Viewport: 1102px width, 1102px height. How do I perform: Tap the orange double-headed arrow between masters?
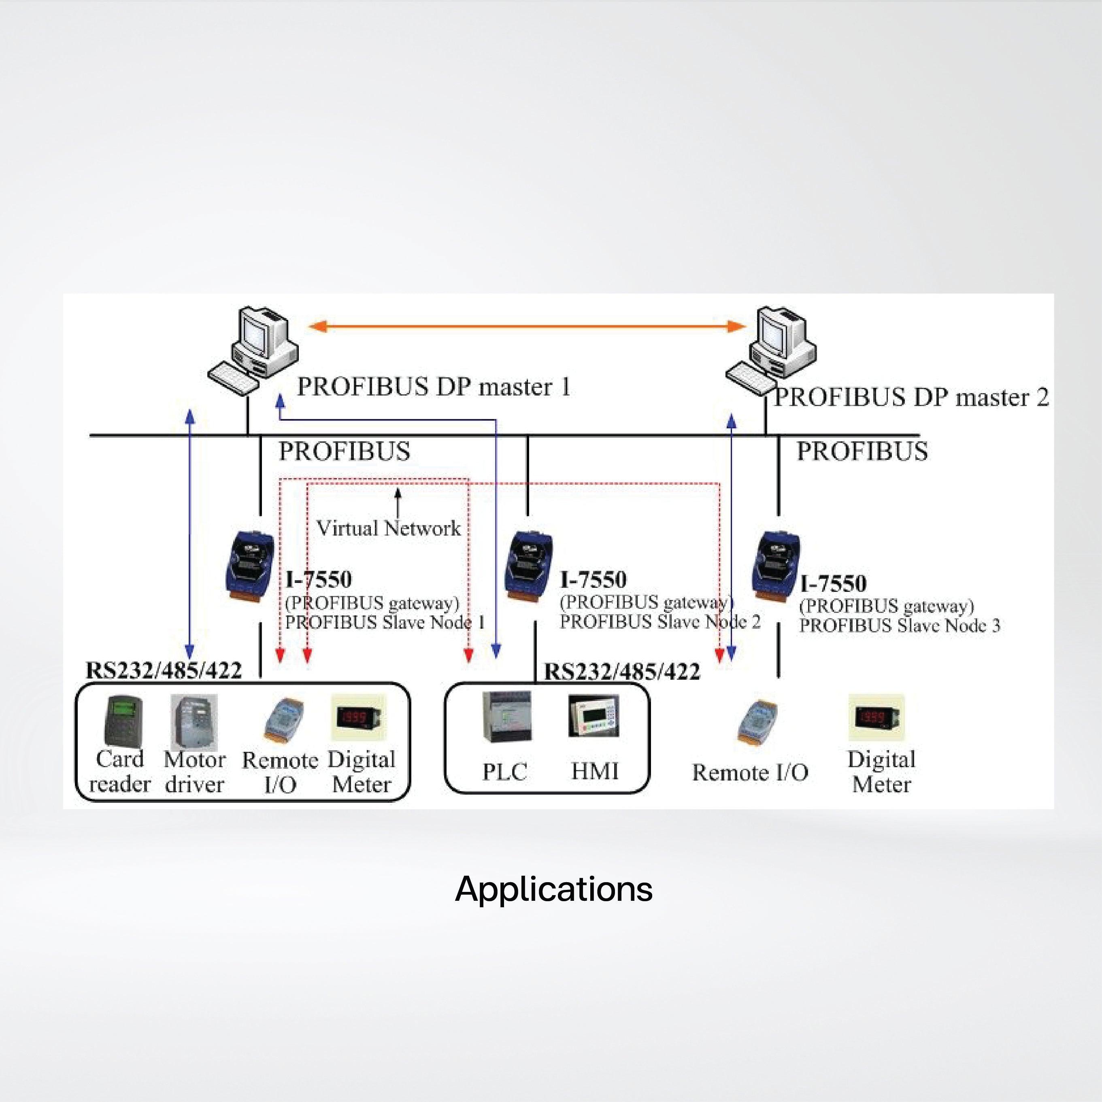pos(527,326)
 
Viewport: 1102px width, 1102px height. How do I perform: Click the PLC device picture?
pos(506,717)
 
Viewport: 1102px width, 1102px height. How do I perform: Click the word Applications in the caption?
pos(553,888)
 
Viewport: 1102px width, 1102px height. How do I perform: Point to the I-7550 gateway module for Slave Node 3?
pos(776,566)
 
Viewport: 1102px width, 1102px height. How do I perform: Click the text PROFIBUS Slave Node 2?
pos(660,622)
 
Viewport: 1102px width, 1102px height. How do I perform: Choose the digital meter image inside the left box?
pos(359,717)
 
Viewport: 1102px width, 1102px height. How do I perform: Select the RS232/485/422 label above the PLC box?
pos(622,672)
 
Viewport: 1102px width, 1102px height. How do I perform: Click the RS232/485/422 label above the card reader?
pos(164,670)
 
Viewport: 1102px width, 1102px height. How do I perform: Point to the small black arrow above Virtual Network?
pos(398,502)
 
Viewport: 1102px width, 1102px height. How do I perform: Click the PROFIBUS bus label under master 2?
pos(862,451)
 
